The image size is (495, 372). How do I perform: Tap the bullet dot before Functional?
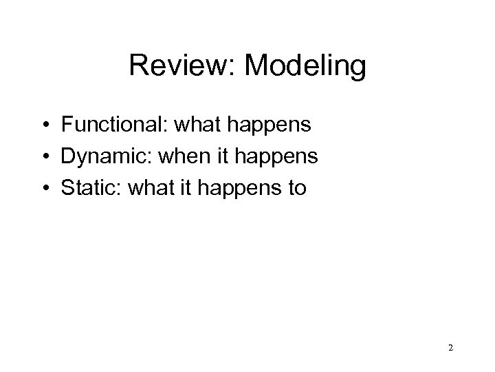tap(44, 125)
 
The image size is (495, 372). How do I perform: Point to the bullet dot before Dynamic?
tap(44, 158)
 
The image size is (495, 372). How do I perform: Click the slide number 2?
tap(450, 349)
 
